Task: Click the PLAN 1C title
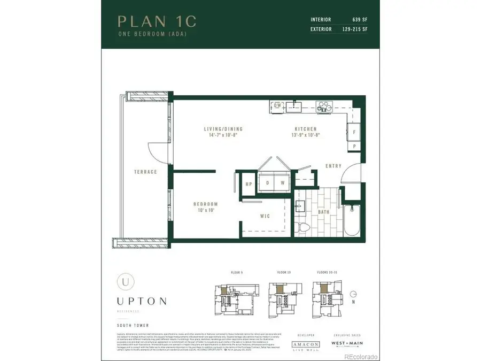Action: pos(157,21)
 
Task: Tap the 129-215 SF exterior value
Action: pos(355,29)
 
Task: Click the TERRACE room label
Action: pos(145,172)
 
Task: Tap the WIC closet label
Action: pos(265,216)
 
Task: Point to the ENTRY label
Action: pos(333,166)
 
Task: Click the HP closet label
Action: pos(249,184)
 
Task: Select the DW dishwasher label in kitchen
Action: pos(277,106)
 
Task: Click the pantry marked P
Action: pos(354,145)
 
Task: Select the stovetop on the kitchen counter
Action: pos(323,106)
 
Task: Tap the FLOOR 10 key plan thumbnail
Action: pos(283,295)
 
